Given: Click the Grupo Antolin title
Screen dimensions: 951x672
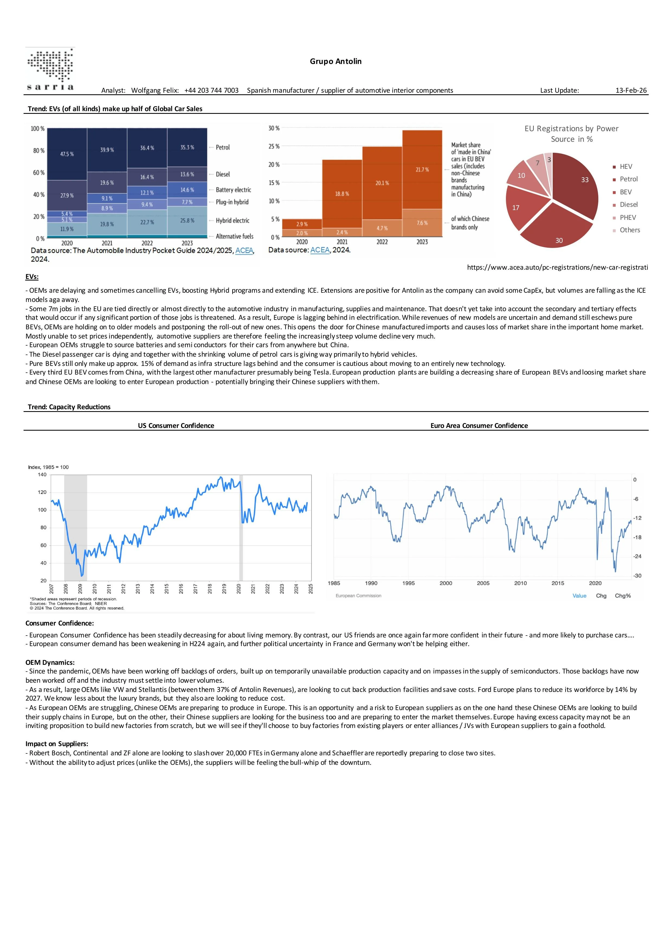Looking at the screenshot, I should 335,61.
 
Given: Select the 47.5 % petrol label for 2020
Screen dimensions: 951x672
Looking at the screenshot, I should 67,154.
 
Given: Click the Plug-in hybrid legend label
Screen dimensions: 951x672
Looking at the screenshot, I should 232,202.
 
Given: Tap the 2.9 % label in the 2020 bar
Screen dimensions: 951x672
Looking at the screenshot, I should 302,224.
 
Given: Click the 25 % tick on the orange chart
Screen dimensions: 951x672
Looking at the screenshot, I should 274,146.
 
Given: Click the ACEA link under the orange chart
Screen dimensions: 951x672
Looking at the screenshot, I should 320,250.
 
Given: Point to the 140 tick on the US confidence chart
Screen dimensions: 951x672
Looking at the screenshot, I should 42,475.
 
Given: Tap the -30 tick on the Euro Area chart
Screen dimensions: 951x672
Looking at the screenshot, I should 637,576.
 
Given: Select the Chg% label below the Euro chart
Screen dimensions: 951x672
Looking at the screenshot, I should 622,596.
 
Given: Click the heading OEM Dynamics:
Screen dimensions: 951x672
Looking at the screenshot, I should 50,662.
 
